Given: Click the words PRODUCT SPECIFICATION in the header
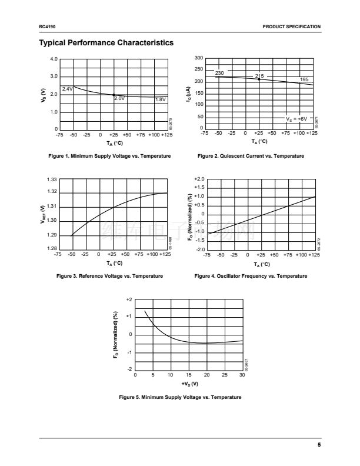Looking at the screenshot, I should coord(292,27).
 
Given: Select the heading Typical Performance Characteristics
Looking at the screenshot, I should coord(106,43).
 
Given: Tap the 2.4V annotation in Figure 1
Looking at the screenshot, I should coord(67,89).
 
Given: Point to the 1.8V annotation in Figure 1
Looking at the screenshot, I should coord(161,99).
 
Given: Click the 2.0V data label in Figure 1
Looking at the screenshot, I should coord(119,99).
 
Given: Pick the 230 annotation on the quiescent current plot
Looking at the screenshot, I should coord(219,73).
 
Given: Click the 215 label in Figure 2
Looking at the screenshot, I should coord(259,76).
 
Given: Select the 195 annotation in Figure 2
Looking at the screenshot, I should coord(304,79).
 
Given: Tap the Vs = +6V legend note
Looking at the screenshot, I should coord(296,119).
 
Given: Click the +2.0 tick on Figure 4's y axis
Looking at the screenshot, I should coord(198,178).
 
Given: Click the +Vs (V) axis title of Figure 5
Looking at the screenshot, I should coord(189,384).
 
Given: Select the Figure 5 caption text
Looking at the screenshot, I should coord(180,398).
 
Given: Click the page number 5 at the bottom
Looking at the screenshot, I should coord(319,445).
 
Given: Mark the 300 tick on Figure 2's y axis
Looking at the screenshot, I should coord(198,58).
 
